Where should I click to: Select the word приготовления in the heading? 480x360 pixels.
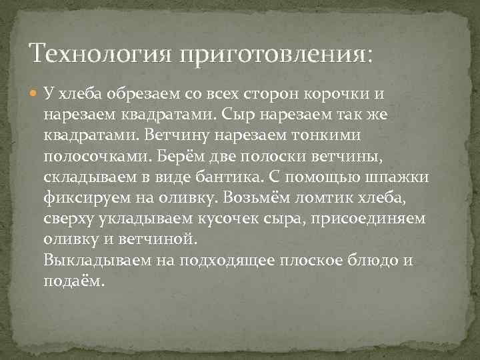pos(273,53)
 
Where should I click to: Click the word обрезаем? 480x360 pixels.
pos(159,95)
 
